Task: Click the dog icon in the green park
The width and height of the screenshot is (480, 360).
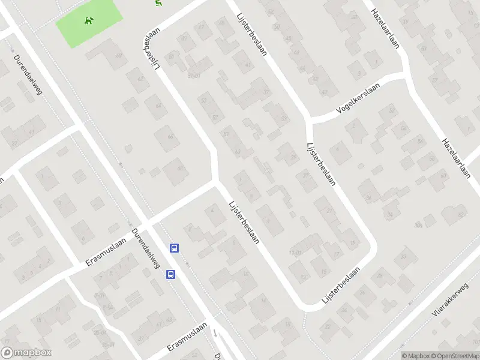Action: [x=89, y=22]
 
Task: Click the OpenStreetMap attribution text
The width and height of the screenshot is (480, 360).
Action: [x=454, y=356]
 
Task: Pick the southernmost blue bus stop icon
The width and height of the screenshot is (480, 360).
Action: [x=171, y=274]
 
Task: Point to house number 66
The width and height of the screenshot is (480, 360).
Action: [x=170, y=137]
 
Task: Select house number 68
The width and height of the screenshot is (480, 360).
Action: [x=181, y=168]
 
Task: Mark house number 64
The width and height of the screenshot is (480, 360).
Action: [x=158, y=106]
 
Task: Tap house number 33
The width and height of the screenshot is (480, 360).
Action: [x=284, y=119]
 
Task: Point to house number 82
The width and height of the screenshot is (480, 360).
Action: [x=461, y=214]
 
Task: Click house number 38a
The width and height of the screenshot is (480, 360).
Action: [x=418, y=225]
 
